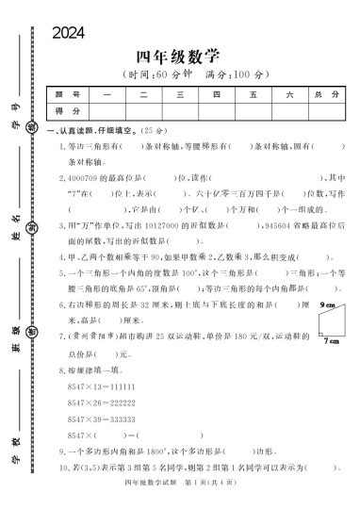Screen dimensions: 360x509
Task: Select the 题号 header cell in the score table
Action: pyautogui.click(x=67, y=95)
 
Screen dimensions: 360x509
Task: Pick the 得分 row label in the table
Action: pyautogui.click(x=67, y=110)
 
